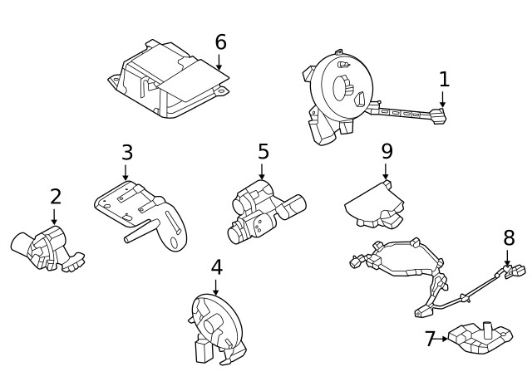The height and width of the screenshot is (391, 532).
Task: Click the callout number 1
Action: pos(444,79)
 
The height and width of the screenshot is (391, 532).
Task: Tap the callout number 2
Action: pos(55,197)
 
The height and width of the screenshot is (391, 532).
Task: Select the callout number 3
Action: pos(126,152)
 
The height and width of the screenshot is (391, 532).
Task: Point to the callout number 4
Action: pos(216,267)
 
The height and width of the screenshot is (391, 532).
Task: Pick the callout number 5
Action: pos(263,151)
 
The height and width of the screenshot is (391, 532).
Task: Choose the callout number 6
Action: pos(220,42)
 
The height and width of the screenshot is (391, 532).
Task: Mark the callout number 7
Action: pos(430,339)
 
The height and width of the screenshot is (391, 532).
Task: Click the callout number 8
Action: pos(509,237)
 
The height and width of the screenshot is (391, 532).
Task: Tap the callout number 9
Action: pos(387,151)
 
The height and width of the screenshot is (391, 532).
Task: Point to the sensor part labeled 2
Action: pos(47,246)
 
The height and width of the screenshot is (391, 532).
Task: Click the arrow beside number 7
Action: pos(444,339)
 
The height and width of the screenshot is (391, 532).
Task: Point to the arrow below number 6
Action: pos(220,61)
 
